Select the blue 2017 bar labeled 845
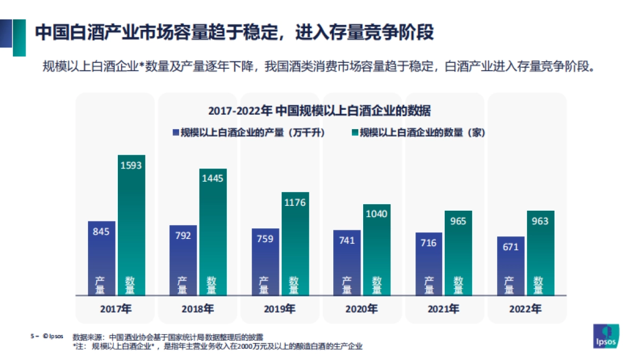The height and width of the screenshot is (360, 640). pyautogui.click(x=101, y=258)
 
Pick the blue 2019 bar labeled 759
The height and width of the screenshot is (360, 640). pyautogui.click(x=265, y=261)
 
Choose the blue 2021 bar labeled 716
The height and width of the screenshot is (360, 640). pyautogui.click(x=428, y=263)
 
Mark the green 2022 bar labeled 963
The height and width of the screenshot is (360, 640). pyautogui.click(x=540, y=253)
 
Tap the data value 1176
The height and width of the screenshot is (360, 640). pyautogui.click(x=295, y=203)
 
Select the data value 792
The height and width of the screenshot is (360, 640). pyautogui.click(x=183, y=235)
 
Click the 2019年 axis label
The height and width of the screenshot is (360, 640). pyautogui.click(x=279, y=309)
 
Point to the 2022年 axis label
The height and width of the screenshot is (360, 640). pyautogui.click(x=525, y=309)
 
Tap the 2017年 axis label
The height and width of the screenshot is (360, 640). pyautogui.click(x=116, y=309)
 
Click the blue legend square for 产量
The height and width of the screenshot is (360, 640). pyautogui.click(x=175, y=132)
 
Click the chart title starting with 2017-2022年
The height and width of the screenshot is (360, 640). pyautogui.click(x=319, y=111)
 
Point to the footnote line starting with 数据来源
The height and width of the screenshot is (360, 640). pyautogui.click(x=168, y=337)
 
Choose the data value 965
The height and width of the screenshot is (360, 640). pyautogui.click(x=458, y=221)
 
